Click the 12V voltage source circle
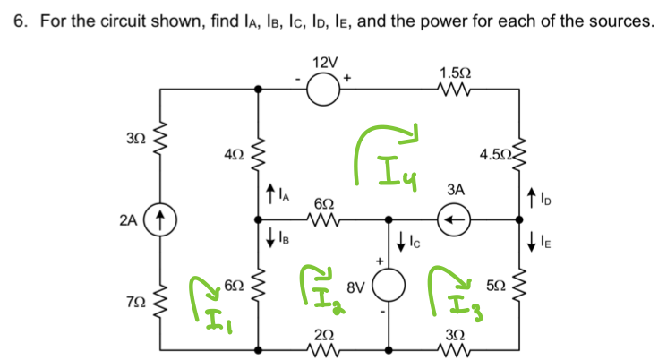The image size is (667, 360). pos(325,89)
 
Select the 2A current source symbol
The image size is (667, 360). pos(161,217)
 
